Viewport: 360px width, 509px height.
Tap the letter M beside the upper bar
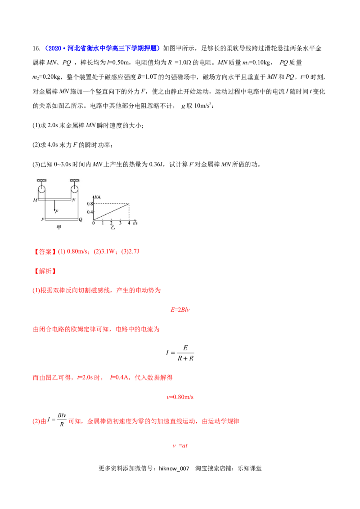point(35,200)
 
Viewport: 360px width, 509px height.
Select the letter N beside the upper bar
point(74,200)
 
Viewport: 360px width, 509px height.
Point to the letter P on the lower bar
point(42,220)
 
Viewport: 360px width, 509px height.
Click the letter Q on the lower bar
point(81,220)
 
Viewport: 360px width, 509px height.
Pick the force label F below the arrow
point(56,211)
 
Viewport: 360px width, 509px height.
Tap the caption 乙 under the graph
point(113,228)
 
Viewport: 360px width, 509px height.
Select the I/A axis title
point(97,197)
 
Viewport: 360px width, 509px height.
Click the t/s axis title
point(135,223)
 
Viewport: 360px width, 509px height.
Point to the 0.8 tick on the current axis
point(90,204)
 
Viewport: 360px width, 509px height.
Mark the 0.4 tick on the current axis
point(90,212)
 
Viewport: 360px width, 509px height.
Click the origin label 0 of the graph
point(94,223)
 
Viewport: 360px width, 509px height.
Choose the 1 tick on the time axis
point(103,223)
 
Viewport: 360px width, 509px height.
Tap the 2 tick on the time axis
point(112,223)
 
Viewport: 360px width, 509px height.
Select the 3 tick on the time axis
point(121,223)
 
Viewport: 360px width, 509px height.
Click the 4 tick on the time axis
point(129,223)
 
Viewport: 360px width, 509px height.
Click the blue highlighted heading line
point(103,49)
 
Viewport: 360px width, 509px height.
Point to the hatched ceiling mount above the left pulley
point(42,180)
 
